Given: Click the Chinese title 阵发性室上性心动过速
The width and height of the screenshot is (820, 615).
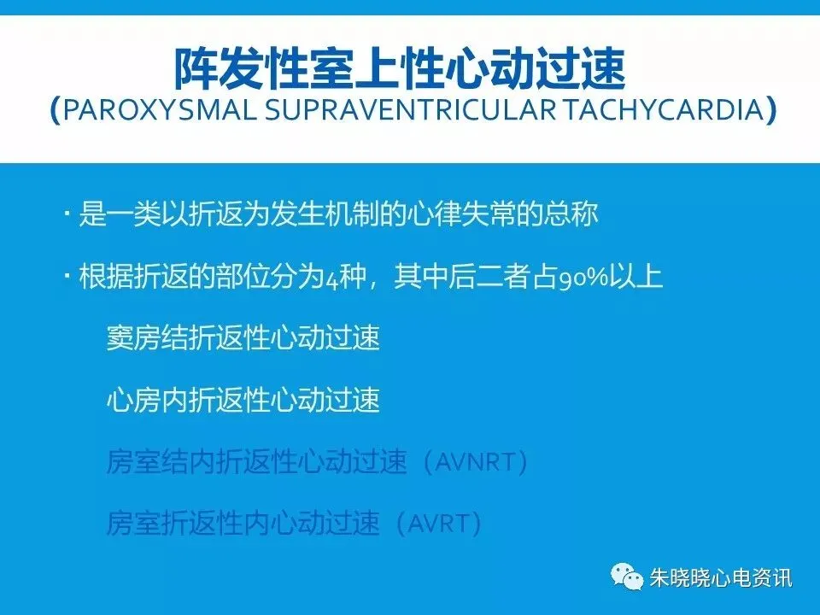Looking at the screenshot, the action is (400, 68).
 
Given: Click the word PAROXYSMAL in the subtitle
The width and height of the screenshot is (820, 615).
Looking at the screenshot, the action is (160, 110).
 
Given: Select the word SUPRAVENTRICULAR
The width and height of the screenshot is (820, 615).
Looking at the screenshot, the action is (410, 110).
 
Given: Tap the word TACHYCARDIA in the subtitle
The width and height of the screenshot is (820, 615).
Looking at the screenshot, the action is (663, 110).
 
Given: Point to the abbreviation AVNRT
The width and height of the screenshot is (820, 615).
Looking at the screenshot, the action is (475, 462).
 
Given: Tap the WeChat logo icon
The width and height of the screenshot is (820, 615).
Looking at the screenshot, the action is (626, 577).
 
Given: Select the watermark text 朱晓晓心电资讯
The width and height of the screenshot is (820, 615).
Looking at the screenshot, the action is (721, 578).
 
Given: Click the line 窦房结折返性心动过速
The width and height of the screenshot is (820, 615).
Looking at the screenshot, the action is (243, 338).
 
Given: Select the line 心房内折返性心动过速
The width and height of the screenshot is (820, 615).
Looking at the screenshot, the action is (243, 400).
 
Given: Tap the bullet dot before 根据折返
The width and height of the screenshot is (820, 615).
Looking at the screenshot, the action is (67, 275).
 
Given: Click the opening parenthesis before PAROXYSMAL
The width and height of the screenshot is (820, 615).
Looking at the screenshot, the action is (56, 110).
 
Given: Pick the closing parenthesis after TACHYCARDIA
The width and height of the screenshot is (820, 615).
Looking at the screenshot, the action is (770, 110).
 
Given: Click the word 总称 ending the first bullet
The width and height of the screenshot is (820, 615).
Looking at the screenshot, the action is (571, 214).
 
